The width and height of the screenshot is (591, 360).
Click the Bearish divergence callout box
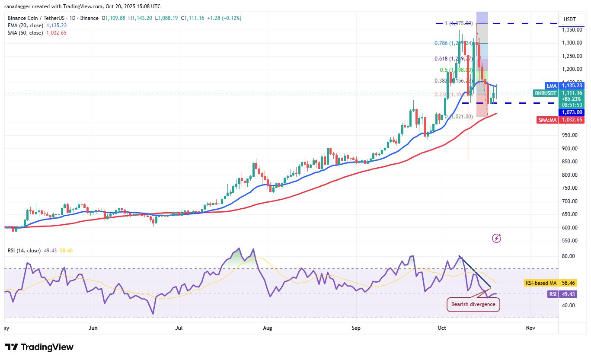tap(473, 304)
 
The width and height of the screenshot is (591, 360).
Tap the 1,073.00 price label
tap(572, 112)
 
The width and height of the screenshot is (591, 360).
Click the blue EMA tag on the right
tap(551, 86)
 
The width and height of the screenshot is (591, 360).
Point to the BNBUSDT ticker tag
tap(546, 93)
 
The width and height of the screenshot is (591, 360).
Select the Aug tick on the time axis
tap(268, 328)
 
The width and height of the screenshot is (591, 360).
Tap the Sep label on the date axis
tap(356, 328)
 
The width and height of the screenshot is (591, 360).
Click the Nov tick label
tap(530, 328)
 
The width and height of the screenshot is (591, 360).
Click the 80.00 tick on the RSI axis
tap(568, 256)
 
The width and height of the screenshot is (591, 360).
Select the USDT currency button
tap(570, 19)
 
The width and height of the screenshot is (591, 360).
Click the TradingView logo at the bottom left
tap(39, 347)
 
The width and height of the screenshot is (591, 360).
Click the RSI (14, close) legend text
tap(24, 250)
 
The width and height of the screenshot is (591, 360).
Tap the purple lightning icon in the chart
tap(497, 238)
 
